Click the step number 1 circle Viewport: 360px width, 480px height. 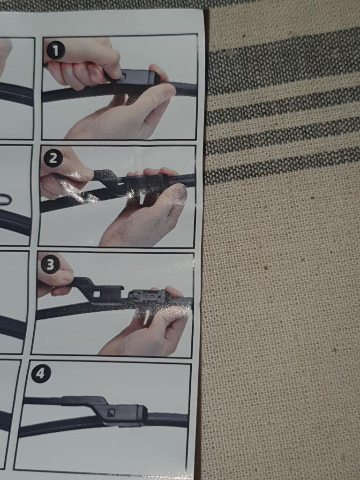click(x=55, y=51)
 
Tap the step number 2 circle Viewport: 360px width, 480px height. click(x=53, y=158)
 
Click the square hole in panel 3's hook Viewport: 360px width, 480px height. click(x=97, y=294)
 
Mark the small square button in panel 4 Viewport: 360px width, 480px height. click(x=110, y=413)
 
